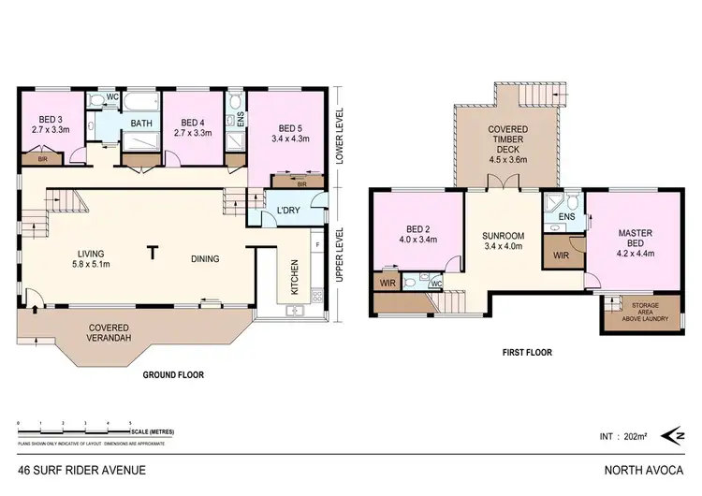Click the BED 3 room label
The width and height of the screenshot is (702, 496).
coord(49,120)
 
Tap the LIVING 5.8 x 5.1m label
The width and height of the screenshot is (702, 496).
coord(92,258)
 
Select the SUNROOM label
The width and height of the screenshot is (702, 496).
coord(505,241)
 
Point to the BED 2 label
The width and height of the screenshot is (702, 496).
coord(417,235)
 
